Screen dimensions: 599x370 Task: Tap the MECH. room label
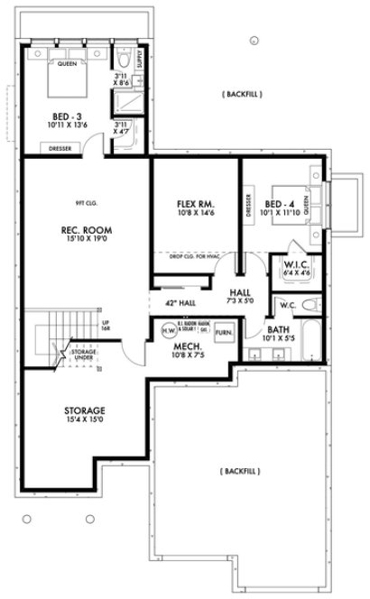188,348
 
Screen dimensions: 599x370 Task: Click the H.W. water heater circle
168,331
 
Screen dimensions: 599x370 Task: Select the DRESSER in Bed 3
60,148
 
